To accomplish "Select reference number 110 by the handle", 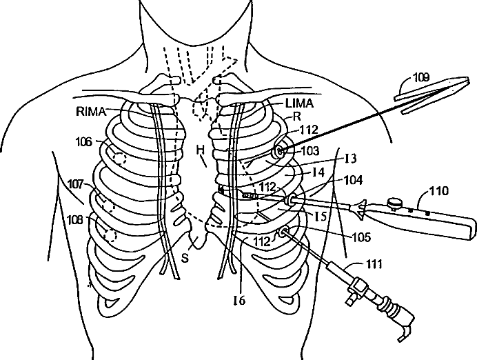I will tap(438, 190).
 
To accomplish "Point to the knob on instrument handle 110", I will tap(396, 203).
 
